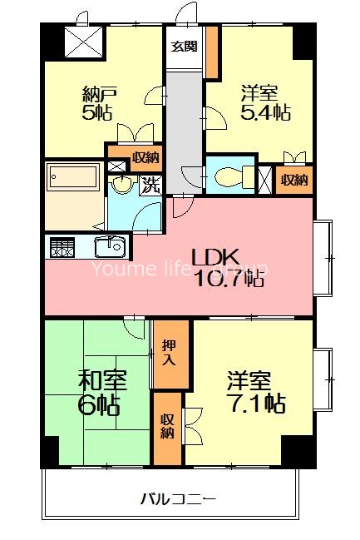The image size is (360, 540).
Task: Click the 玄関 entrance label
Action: click(185, 46)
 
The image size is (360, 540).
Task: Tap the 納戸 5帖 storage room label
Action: click(97, 103)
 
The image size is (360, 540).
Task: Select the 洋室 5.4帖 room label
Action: click(265, 103)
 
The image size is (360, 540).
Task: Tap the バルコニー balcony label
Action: click(178, 498)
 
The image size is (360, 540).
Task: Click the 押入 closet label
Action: click(170, 352)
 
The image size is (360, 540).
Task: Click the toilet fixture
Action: click(234, 177)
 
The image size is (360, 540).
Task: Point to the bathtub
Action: click(73, 177)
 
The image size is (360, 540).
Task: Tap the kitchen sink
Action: click(110, 246)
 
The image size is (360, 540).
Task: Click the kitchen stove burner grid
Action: click(62, 247)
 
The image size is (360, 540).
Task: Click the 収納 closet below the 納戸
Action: click(145, 158)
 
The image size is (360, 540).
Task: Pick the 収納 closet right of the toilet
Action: click(294, 180)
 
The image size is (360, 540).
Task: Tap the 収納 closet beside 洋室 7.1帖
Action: click(167, 428)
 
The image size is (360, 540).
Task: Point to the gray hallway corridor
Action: click(185, 132)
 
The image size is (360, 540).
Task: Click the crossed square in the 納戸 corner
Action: click(84, 42)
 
